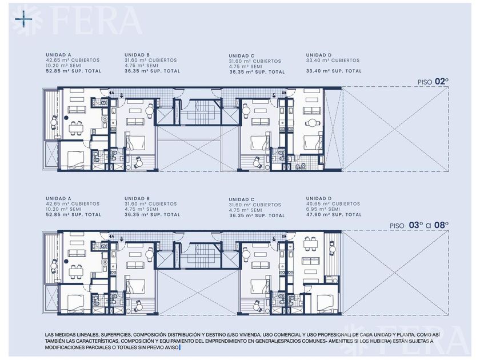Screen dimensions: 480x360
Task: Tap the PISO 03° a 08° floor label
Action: click(x=419, y=225)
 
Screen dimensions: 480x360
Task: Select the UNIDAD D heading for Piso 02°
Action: click(x=319, y=55)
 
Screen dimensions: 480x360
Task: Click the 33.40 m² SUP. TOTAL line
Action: click(x=334, y=71)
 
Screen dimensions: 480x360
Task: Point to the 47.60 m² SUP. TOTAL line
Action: click(x=334, y=215)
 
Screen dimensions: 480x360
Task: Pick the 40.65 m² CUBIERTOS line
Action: click(x=333, y=204)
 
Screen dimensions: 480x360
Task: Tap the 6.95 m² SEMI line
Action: click(x=323, y=209)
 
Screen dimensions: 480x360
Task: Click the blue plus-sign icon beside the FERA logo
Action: click(x=24, y=19)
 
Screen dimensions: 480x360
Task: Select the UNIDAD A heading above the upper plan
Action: click(x=58, y=55)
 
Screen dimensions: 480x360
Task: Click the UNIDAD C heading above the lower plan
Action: click(x=242, y=199)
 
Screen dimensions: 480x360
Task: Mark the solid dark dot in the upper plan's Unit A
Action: click(x=66, y=117)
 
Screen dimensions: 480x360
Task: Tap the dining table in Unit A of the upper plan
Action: click(x=76, y=129)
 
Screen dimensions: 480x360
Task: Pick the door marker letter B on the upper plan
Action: click(x=121, y=93)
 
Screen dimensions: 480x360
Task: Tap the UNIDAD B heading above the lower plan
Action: click(x=137, y=199)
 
